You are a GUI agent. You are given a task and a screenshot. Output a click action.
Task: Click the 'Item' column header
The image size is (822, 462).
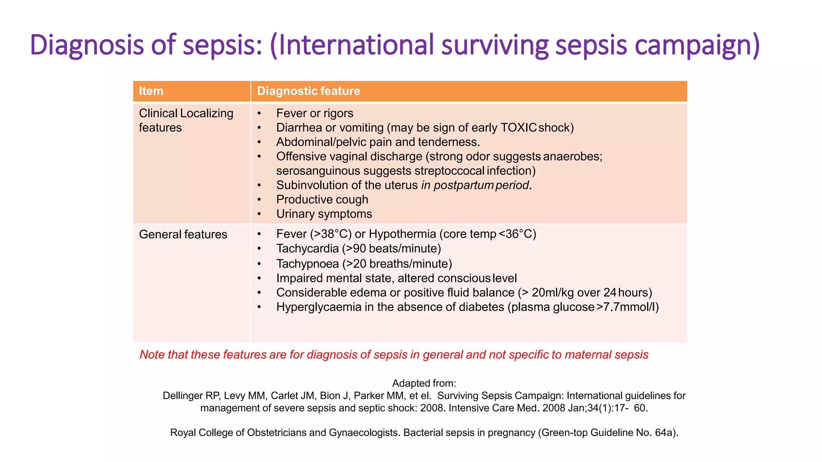(x=151, y=91)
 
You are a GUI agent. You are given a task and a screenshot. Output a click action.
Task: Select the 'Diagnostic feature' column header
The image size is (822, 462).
(x=308, y=91)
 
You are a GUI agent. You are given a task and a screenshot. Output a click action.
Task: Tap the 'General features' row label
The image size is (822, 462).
(x=183, y=234)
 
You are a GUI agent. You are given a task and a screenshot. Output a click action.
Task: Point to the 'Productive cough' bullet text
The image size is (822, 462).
(x=322, y=199)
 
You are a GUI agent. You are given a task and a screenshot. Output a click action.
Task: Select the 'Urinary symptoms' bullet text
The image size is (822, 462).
(x=324, y=214)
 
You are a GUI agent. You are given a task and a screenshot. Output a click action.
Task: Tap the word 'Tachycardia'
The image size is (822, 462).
(x=307, y=249)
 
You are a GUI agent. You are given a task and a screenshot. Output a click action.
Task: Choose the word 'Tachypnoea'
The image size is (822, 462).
(x=307, y=264)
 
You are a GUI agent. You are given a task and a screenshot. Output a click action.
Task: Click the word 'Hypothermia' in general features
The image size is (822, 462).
(x=402, y=234)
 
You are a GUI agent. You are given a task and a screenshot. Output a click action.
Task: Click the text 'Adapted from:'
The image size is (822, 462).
(x=424, y=383)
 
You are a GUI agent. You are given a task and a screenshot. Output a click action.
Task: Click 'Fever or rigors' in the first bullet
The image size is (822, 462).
(x=315, y=113)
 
